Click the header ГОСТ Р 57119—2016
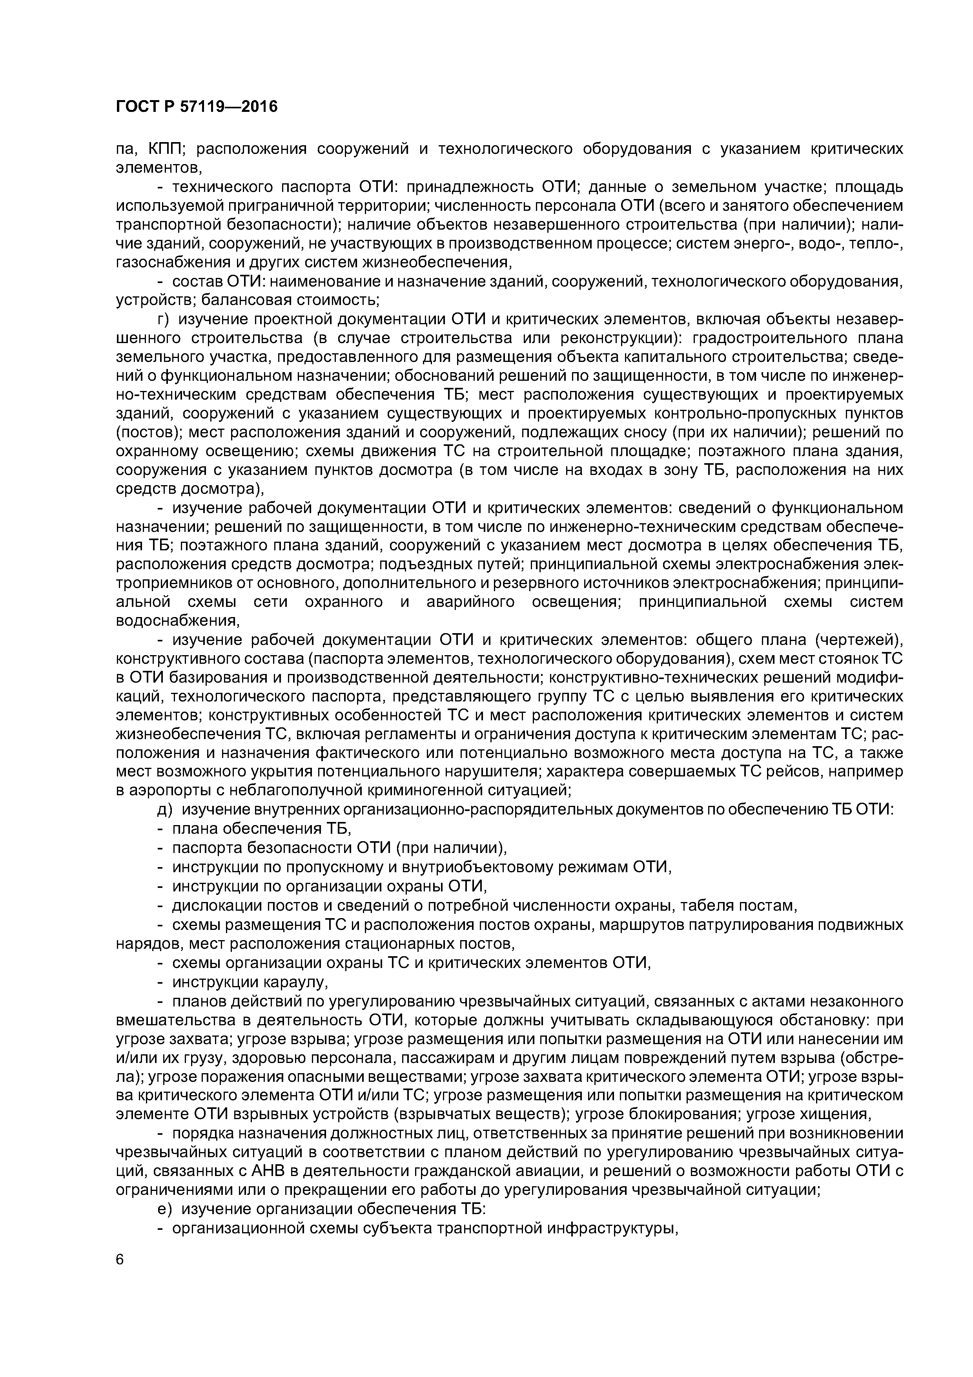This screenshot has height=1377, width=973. pyautogui.click(x=197, y=107)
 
